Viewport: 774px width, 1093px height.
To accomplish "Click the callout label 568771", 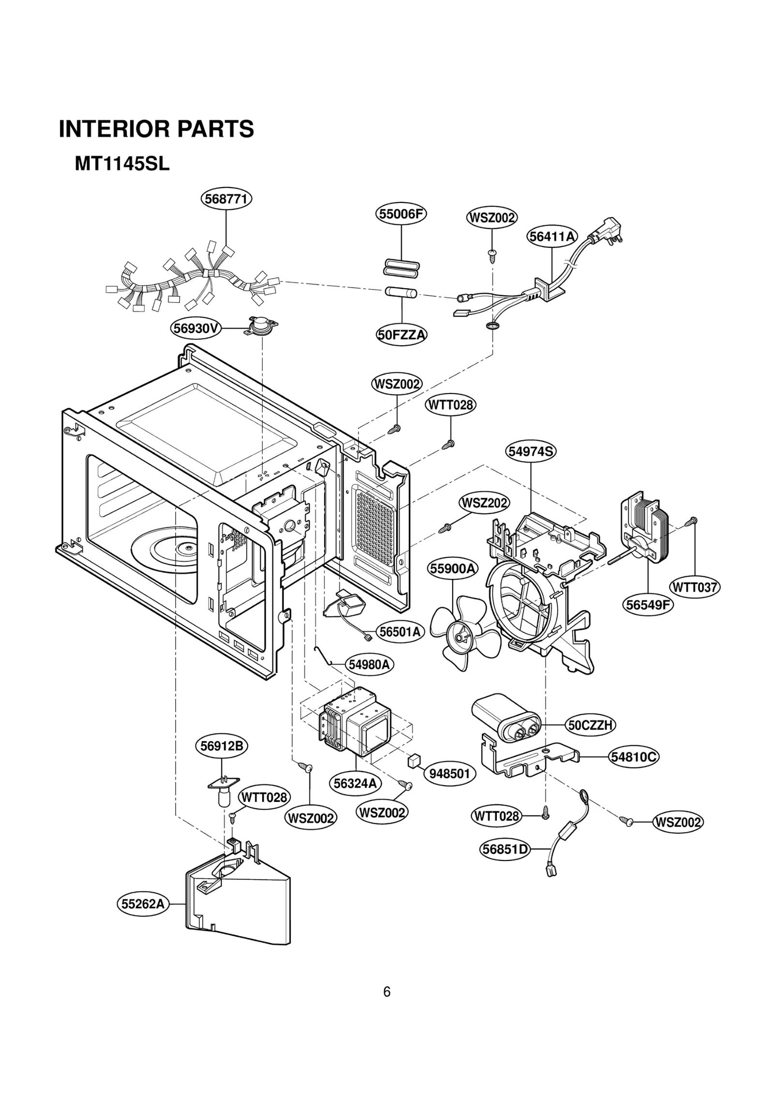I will click(226, 199).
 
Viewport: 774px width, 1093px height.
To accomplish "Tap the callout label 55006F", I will click(401, 214).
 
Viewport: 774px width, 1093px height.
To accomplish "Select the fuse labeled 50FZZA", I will click(402, 292).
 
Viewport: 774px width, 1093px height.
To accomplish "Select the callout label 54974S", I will click(531, 452).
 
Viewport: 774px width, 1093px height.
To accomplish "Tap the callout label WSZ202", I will click(484, 503).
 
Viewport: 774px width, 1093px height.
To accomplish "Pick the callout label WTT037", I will click(695, 587).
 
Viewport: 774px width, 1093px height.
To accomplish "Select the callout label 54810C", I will click(634, 757).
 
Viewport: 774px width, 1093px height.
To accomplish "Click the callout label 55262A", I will click(143, 903).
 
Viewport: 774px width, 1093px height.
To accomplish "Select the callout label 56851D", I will click(505, 849).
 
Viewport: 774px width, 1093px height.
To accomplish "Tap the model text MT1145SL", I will click(122, 164).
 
